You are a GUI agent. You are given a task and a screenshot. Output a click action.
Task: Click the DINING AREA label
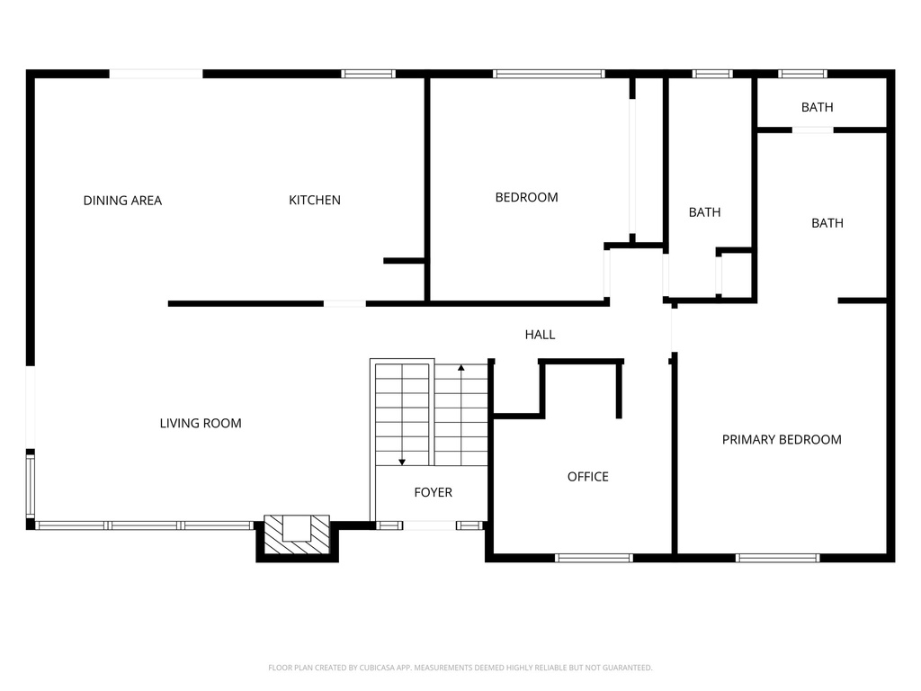(x=122, y=201)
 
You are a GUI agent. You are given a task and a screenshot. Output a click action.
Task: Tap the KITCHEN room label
(x=315, y=200)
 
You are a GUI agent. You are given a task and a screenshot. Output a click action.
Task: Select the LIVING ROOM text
(x=201, y=423)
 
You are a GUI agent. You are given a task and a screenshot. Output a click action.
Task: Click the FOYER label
(x=433, y=492)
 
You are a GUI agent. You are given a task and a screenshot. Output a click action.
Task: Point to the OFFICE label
(x=587, y=477)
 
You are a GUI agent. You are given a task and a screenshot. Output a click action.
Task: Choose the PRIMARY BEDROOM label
(x=782, y=440)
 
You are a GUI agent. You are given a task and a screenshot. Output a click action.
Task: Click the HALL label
(x=540, y=335)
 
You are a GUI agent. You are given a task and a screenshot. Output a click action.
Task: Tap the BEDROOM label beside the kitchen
(x=526, y=197)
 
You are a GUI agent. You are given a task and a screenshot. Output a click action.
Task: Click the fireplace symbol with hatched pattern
(x=297, y=534)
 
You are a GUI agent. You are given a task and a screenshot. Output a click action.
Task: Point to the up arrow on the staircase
(x=461, y=368)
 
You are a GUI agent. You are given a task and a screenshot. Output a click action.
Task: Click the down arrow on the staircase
(x=402, y=461)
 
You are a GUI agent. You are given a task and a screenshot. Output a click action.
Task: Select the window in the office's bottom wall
(x=594, y=558)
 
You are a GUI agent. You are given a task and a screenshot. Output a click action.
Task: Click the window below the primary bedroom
(x=777, y=558)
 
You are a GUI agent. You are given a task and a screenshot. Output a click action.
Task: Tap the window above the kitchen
(x=368, y=74)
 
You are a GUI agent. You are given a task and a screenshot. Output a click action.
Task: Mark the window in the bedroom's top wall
(x=549, y=74)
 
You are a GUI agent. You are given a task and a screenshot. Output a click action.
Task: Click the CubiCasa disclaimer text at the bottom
(x=460, y=668)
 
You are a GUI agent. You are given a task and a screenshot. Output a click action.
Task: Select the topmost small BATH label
(x=817, y=107)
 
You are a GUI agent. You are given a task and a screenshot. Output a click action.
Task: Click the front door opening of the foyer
(x=430, y=525)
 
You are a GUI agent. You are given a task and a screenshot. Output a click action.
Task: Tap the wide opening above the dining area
(x=156, y=74)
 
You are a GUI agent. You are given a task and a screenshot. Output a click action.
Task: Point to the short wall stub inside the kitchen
(x=403, y=261)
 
